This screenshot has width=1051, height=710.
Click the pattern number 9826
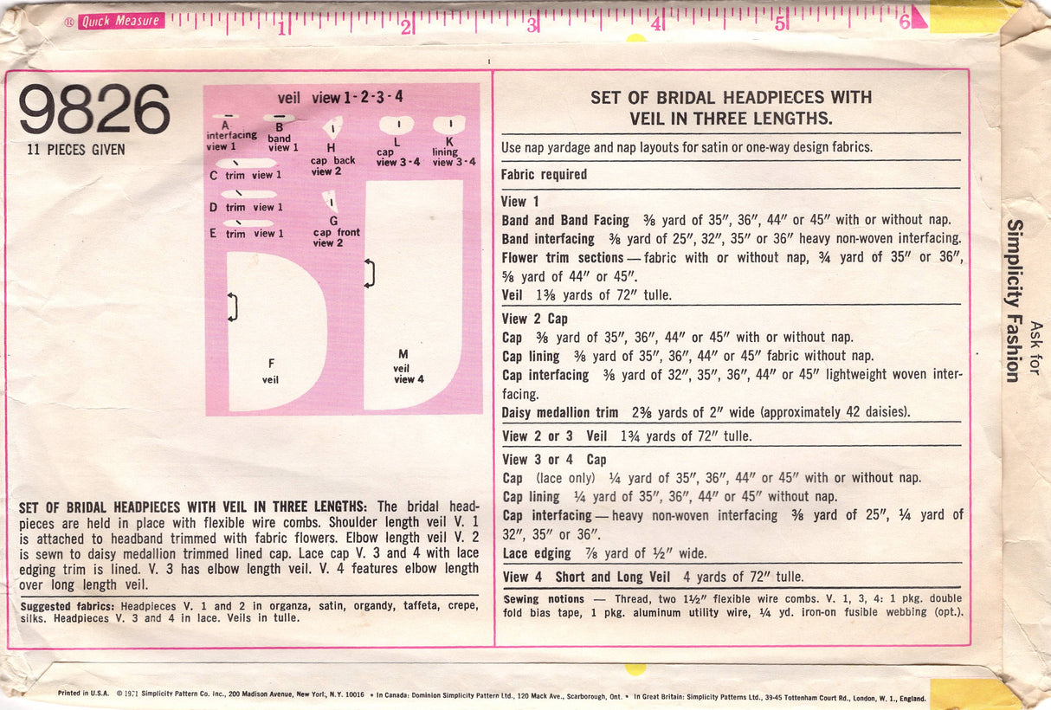tap(94, 110)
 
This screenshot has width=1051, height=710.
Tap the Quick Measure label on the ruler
tap(120, 22)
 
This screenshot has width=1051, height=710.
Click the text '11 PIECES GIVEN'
tap(76, 150)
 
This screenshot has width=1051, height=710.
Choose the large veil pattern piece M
tap(411, 294)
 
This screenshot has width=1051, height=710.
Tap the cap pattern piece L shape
tap(396, 125)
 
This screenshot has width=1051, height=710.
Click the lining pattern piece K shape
tap(449, 125)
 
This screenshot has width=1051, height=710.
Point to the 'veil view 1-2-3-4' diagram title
tap(340, 98)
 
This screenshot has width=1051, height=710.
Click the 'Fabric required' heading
tap(544, 174)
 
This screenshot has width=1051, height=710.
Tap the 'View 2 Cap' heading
tap(534, 319)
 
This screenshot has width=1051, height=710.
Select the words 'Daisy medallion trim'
tap(559, 412)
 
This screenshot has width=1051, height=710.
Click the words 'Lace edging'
tap(536, 553)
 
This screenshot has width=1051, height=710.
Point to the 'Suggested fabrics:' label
tap(68, 606)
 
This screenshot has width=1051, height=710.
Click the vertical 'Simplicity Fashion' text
tap(1012, 300)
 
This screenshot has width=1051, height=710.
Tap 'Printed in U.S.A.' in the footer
tap(83, 694)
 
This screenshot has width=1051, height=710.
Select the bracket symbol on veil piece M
tap(370, 273)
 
